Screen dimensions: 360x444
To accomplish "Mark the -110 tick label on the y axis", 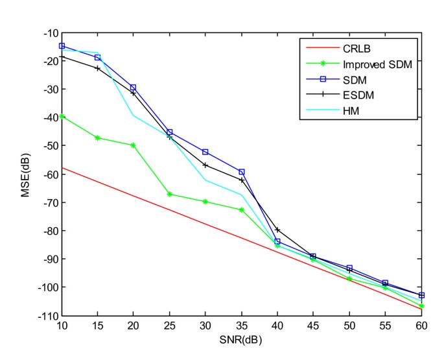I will (x=47, y=316).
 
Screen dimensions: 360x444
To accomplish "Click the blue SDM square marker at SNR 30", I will (x=205, y=152).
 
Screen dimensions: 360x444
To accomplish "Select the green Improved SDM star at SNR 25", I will (x=170, y=194).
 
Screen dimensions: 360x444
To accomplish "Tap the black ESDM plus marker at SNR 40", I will (x=277, y=230).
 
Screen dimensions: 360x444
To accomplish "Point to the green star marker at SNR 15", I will (x=98, y=138).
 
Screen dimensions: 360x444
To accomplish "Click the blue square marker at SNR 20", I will (x=134, y=88).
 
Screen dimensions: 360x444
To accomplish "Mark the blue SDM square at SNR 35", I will (x=242, y=172).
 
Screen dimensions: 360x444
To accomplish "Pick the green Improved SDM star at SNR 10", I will (x=62, y=117).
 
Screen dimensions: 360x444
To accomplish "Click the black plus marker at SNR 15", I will (x=98, y=68).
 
